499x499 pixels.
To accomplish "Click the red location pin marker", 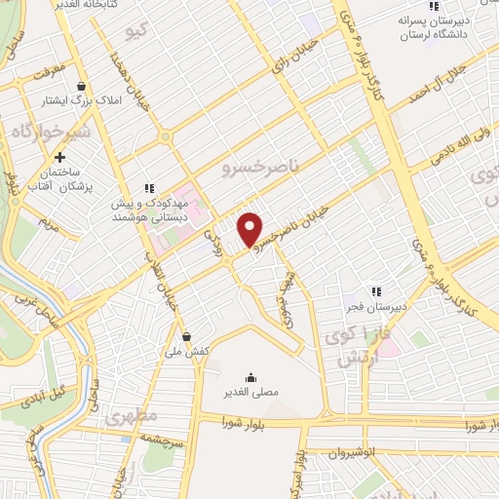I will click(x=251, y=228).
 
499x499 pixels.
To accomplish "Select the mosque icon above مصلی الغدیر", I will click(x=251, y=377).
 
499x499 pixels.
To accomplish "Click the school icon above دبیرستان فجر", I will click(x=375, y=291).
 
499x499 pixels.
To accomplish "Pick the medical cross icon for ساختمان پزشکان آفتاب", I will click(x=60, y=157).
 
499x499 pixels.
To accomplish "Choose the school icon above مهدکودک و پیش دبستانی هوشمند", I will click(x=149, y=188).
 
